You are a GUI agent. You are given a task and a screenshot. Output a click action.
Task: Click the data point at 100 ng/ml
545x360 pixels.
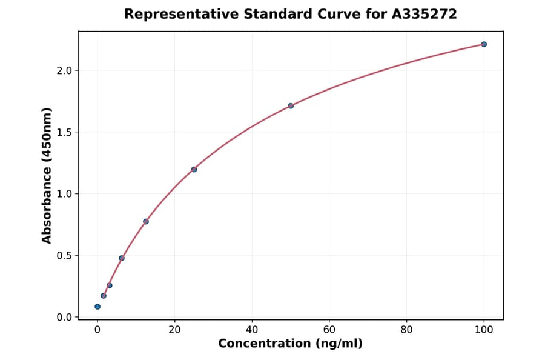click(484, 44)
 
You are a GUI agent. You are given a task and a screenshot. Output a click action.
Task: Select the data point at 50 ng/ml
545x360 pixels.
click(291, 105)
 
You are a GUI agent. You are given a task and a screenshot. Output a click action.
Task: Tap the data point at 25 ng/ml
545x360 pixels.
click(194, 169)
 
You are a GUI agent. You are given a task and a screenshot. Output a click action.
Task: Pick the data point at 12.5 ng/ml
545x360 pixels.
click(146, 221)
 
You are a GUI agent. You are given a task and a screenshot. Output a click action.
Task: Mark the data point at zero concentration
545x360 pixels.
click(97, 307)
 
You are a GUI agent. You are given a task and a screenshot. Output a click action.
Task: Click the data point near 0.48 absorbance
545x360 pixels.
click(122, 258)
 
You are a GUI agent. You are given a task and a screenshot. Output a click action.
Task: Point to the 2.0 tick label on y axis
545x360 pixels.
click(64, 70)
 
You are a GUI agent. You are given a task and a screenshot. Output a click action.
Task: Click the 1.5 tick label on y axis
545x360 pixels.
click(64, 132)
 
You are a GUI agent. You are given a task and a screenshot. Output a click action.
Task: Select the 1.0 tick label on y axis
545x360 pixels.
click(64, 194)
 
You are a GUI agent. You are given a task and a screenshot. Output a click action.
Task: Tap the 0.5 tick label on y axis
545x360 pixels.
click(64, 256)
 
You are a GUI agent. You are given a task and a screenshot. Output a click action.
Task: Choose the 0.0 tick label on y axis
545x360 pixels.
click(64, 318)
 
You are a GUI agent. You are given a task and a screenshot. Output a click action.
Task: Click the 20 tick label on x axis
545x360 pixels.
click(174, 330)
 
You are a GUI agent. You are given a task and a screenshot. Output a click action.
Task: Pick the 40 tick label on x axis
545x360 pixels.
click(252, 330)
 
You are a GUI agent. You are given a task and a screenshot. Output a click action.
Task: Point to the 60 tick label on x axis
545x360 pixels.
click(329, 330)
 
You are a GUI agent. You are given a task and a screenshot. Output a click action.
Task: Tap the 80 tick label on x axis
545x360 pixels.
click(406, 330)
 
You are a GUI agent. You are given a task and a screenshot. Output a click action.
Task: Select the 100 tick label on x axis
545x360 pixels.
click(484, 330)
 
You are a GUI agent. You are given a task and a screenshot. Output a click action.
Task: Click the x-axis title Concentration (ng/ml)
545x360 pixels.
click(291, 344)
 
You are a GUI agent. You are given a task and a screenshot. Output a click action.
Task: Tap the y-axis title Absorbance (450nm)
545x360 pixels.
click(47, 175)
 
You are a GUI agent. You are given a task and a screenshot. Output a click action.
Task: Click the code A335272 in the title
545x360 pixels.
click(424, 14)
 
